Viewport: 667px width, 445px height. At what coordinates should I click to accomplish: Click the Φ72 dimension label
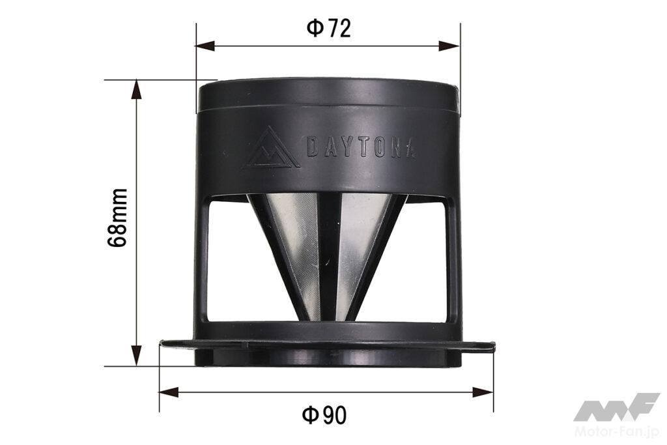pyautogui.click(x=328, y=29)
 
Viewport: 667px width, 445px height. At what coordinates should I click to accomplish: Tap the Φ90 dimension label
pyautogui.click(x=324, y=415)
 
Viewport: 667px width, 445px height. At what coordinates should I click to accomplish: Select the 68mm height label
pyautogui.click(x=117, y=218)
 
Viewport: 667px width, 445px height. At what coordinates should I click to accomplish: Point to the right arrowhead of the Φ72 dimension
pyautogui.click(x=450, y=46)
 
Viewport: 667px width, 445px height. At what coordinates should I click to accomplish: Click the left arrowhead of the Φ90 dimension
pyautogui.click(x=169, y=392)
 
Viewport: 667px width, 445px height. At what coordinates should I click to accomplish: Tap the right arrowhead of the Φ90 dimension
pyautogui.click(x=484, y=392)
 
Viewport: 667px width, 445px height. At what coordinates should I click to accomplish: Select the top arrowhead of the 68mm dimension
pyautogui.click(x=136, y=89)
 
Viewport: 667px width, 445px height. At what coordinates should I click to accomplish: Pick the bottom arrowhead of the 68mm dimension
pyautogui.click(x=136, y=356)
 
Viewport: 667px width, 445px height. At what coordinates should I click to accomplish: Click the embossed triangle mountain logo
pyautogui.click(x=272, y=148)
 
